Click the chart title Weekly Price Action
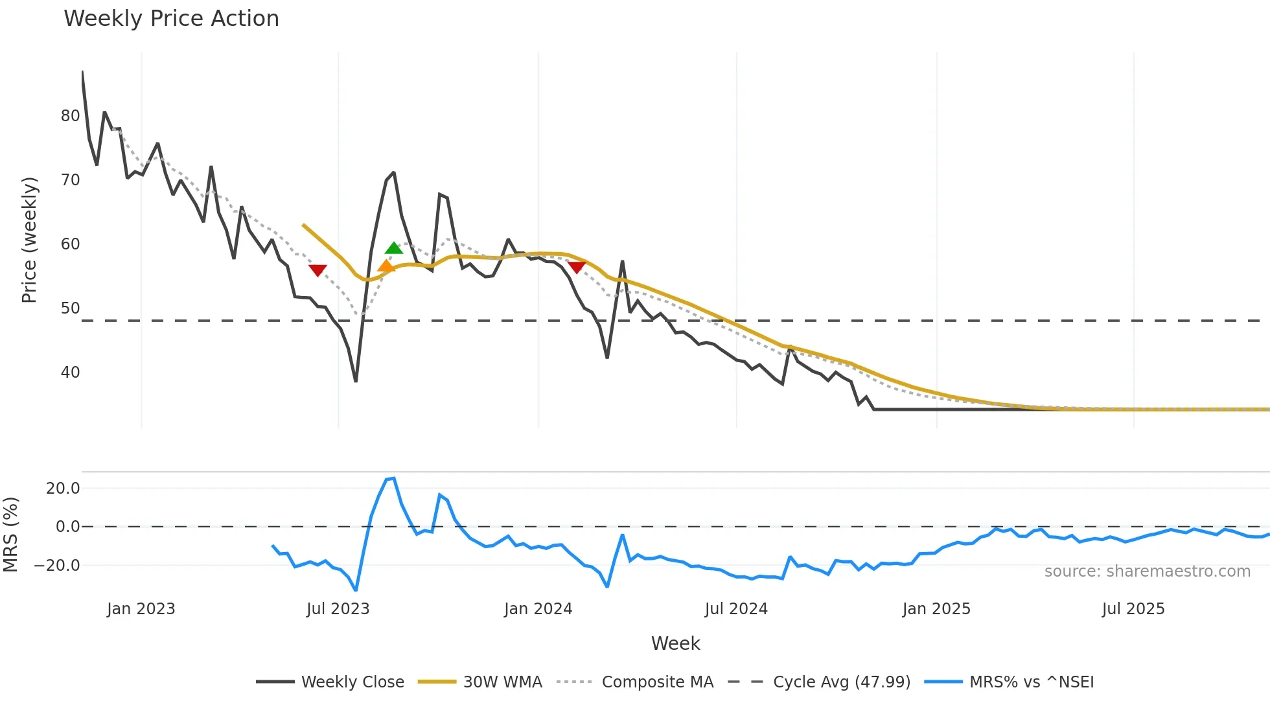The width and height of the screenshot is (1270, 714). click(171, 19)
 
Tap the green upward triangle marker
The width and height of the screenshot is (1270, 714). click(394, 248)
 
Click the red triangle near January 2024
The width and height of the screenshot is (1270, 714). click(577, 267)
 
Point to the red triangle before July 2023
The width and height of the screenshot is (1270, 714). click(317, 270)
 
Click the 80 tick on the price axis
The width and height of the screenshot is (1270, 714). click(70, 116)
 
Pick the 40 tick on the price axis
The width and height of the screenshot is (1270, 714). click(70, 373)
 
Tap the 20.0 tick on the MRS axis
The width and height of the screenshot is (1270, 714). click(63, 489)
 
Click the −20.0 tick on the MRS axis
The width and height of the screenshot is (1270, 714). click(57, 566)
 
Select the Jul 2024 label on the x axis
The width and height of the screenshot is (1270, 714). click(736, 609)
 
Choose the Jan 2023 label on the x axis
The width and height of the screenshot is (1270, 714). click(141, 609)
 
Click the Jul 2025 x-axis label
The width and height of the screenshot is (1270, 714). click(1133, 609)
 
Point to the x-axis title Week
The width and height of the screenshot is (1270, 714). click(675, 643)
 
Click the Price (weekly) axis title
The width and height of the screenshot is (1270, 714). click(29, 240)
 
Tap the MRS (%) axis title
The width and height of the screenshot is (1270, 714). click(10, 535)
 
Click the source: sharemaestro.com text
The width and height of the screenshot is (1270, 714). click(1147, 571)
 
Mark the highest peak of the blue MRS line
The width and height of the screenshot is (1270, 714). click(394, 479)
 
